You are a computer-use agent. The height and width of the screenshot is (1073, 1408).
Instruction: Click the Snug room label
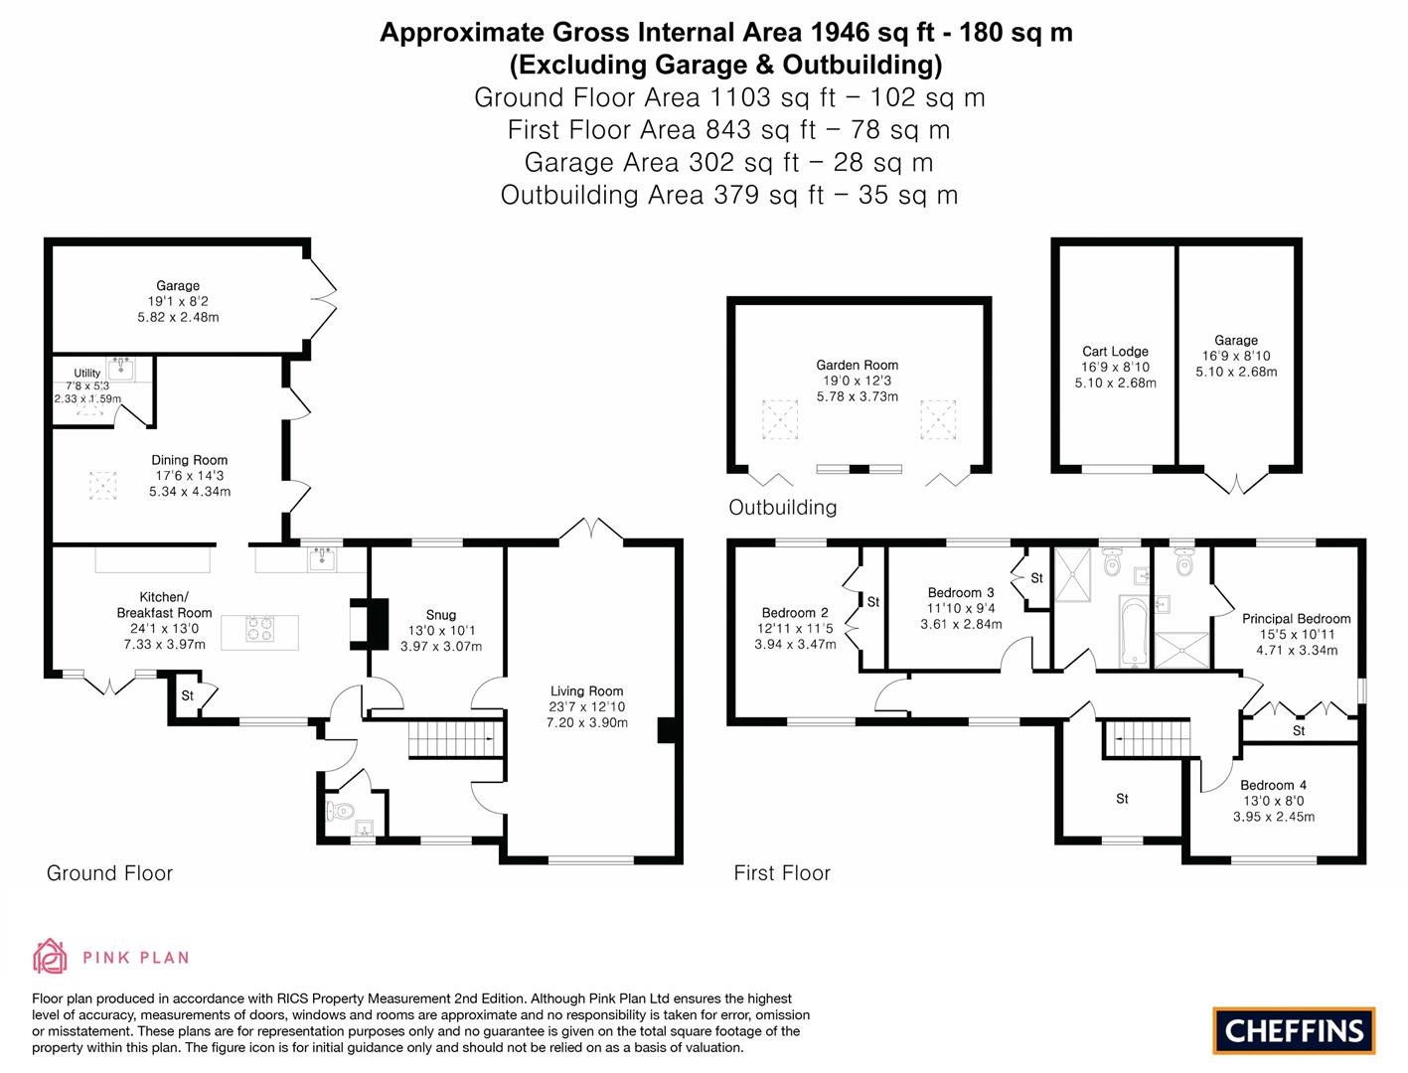click(440, 615)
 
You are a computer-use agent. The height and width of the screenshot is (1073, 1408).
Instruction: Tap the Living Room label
click(586, 691)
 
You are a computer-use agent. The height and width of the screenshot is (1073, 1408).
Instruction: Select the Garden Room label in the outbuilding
click(857, 366)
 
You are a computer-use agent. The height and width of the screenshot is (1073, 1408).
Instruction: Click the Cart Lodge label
click(1115, 352)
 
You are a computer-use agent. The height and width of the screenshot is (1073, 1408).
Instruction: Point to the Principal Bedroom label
click(1296, 619)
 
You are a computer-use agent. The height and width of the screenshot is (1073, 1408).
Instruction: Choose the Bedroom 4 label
click(1273, 785)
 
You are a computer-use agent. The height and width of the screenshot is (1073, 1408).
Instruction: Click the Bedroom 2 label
click(794, 613)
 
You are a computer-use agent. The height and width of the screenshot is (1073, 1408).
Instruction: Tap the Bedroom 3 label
click(960, 593)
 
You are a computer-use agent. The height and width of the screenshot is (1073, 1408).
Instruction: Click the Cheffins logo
click(1294, 1030)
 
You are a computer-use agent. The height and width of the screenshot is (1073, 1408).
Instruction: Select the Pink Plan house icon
click(50, 957)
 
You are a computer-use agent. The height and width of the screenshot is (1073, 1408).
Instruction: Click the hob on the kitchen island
click(259, 630)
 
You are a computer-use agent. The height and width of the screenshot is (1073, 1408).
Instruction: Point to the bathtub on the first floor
click(1133, 631)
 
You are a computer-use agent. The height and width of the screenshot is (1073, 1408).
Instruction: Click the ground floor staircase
click(452, 740)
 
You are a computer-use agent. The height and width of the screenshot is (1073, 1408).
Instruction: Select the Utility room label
click(87, 374)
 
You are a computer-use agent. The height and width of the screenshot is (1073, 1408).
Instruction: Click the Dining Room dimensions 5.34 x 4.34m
click(189, 492)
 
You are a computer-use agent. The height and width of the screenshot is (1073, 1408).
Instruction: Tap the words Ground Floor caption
click(109, 873)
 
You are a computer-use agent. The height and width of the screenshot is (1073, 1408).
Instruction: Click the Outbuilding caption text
click(782, 508)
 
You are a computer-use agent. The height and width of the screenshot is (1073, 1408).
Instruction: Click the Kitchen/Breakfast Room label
click(164, 605)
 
